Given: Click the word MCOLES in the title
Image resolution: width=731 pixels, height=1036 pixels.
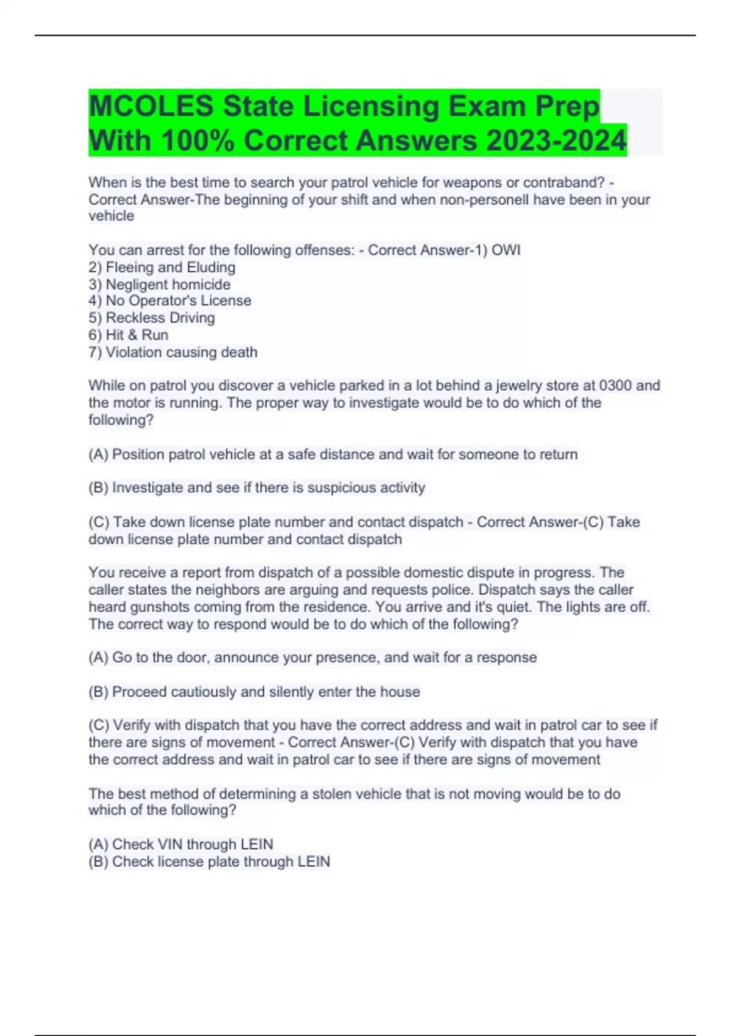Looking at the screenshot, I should click(x=151, y=107).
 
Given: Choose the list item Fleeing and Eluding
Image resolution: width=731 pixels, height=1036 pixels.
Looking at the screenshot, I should click(x=170, y=268).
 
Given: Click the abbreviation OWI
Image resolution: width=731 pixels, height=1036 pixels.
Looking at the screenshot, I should click(x=506, y=250).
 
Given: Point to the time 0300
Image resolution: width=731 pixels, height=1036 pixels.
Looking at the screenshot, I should click(x=615, y=386).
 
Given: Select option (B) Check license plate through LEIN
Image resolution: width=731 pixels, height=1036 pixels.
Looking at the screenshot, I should click(x=209, y=862).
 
